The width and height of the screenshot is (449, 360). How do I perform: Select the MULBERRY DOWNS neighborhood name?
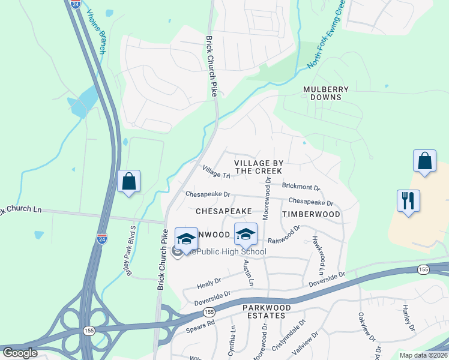326,93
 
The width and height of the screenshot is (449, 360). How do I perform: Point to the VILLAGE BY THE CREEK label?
258,167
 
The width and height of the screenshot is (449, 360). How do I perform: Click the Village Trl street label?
217,173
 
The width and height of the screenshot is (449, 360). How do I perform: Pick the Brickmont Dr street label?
301,188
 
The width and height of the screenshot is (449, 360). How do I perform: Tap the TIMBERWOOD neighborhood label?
310,214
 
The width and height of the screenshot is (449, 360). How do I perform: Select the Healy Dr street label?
209,282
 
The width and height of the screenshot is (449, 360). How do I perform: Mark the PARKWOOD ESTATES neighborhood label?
267,312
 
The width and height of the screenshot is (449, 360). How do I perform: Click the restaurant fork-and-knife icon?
408,200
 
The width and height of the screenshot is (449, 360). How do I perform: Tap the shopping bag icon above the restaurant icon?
424,161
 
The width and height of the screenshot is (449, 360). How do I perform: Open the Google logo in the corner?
19,353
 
